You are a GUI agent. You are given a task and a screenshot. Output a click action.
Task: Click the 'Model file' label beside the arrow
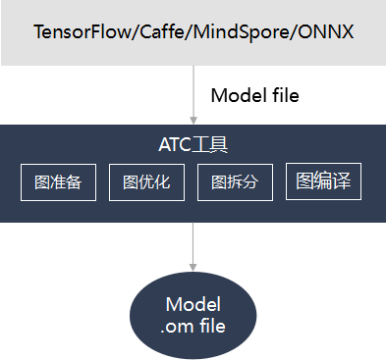pyautogui.click(x=255, y=95)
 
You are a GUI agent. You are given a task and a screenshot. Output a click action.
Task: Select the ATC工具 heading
pyautogui.click(x=193, y=145)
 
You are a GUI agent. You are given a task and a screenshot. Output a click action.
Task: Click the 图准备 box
pyautogui.click(x=58, y=182)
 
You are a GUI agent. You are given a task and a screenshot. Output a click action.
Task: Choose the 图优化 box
pyautogui.click(x=146, y=182)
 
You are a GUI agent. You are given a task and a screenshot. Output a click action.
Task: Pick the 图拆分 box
pyautogui.click(x=234, y=182)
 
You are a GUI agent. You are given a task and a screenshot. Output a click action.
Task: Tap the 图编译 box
pyautogui.click(x=323, y=181)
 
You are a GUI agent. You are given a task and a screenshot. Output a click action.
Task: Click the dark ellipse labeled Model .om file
pyautogui.click(x=193, y=315)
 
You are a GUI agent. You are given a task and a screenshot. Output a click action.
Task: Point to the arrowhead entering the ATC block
pyautogui.click(x=193, y=120)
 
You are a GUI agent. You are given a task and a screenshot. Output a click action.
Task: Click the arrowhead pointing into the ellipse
pyautogui.click(x=193, y=267)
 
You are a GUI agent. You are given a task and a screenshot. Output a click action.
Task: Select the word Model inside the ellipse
pyautogui.click(x=193, y=304)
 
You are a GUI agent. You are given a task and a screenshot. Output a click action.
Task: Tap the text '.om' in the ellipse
pyautogui.click(x=177, y=326)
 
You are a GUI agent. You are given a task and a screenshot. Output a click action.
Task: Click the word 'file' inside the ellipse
pyautogui.click(x=210, y=326)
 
